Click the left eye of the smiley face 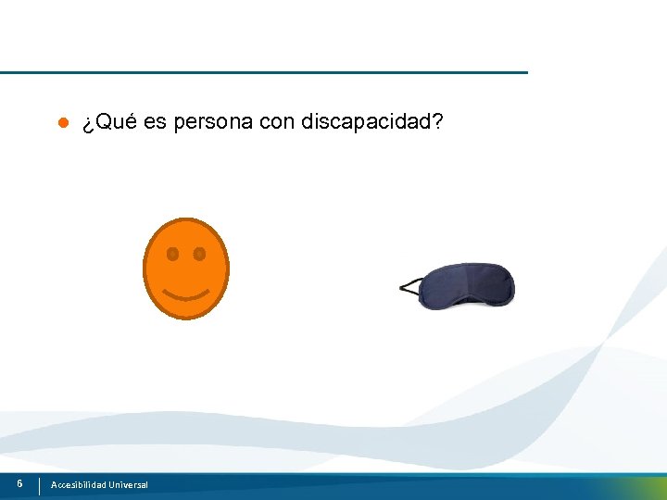[x=172, y=253]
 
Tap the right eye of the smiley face [x=199, y=253]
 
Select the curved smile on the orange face [x=185, y=295]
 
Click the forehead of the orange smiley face [x=185, y=232]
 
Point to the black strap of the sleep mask [x=409, y=287]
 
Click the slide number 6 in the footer [x=19, y=483]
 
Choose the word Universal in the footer [x=128, y=485]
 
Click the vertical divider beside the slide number [x=40, y=485]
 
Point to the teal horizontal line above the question [x=264, y=72]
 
